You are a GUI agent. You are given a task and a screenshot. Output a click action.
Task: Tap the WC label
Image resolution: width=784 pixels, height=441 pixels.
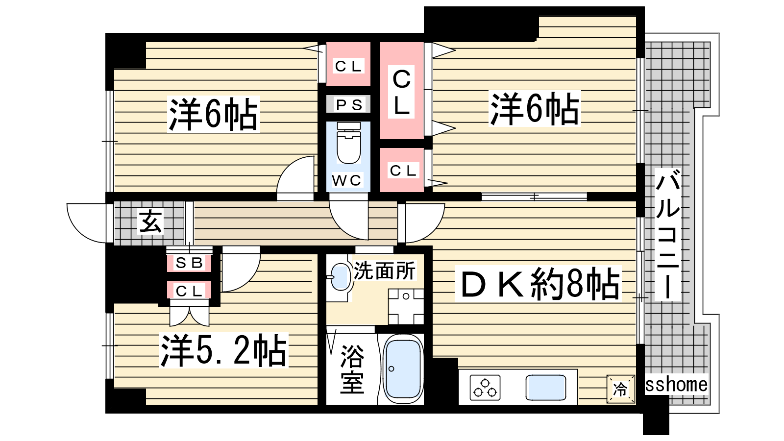point(347,180)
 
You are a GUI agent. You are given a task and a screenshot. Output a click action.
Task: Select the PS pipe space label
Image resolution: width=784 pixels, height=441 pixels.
point(348,105)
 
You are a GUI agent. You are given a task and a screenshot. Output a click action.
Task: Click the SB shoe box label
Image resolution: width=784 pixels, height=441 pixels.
point(189,263)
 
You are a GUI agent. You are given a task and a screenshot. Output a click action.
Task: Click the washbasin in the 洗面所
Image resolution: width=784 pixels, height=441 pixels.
point(340,277)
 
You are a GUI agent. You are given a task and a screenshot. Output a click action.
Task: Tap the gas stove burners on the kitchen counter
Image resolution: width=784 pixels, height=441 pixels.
point(485,388)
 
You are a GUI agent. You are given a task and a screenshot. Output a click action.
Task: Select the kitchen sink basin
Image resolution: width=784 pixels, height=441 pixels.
point(546,388)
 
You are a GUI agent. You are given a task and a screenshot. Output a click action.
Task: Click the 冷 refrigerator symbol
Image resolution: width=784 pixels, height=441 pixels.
point(620,389)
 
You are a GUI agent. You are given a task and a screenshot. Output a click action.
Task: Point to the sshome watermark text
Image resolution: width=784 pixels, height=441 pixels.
point(676,384)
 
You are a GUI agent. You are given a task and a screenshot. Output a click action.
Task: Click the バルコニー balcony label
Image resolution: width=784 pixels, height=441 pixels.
point(668,234)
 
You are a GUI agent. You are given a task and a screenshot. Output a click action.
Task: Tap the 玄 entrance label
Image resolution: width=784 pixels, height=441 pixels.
point(151,221)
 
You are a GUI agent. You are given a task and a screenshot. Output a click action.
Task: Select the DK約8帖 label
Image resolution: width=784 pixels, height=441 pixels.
point(538,284)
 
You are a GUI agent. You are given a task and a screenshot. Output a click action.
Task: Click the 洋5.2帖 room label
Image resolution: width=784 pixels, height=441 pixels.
point(223,350)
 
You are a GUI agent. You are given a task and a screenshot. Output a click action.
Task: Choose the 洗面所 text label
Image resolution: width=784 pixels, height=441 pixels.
point(385,270)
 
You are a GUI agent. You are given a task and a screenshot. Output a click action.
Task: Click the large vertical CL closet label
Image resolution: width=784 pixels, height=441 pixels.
point(401,92)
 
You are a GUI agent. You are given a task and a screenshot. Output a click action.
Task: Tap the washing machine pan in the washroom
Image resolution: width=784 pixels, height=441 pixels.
point(406,307)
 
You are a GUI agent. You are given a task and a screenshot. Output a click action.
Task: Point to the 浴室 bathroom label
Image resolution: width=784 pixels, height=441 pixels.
point(352,369)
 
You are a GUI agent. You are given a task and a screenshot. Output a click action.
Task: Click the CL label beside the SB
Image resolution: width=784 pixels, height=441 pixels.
point(189,291)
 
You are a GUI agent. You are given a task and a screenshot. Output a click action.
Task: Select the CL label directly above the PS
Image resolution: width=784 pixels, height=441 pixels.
point(348,66)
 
